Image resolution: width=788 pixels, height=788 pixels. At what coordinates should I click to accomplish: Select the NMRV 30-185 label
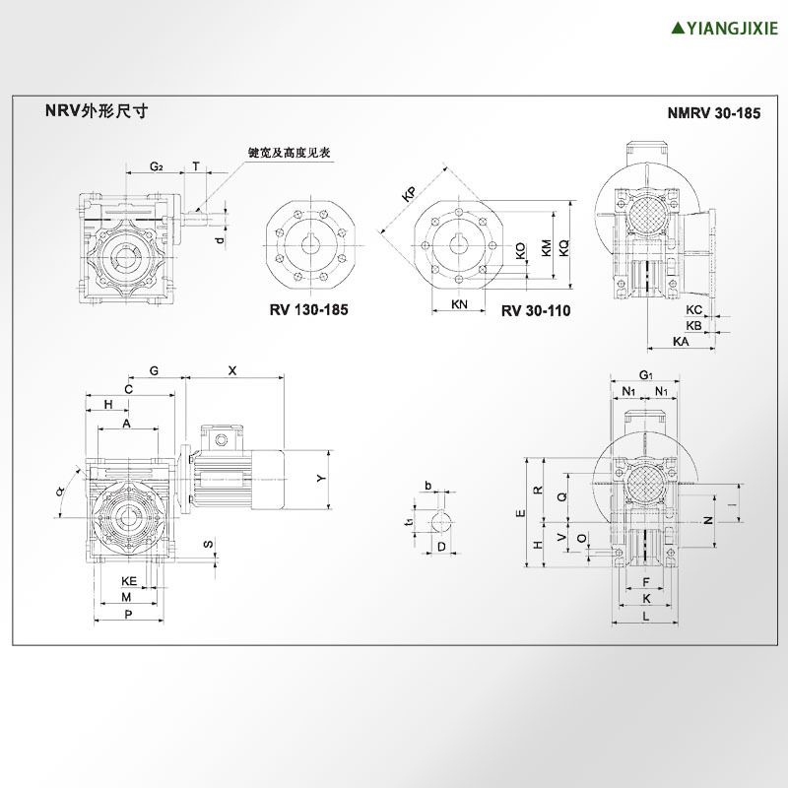714,113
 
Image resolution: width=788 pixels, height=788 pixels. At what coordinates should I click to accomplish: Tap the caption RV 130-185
308,309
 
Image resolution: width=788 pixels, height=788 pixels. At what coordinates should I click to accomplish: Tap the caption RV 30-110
535,310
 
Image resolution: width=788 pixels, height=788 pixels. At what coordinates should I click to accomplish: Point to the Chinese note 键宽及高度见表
289,153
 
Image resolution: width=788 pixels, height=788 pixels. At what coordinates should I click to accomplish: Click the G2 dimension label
156,166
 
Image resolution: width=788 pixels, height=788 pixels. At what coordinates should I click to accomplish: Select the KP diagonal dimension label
410,193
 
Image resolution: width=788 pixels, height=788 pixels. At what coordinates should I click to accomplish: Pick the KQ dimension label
563,248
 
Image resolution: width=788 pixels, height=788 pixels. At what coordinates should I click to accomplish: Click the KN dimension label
459,304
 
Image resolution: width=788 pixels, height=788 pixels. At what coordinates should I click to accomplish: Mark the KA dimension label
680,340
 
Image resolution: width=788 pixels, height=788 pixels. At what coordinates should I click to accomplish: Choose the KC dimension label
693,309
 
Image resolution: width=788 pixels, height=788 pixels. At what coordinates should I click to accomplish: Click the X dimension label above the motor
231,371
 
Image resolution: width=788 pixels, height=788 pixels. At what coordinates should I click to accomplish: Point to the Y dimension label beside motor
320,478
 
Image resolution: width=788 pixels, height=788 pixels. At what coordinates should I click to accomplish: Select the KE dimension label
128,581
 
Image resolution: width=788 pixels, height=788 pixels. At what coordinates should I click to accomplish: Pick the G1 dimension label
646,375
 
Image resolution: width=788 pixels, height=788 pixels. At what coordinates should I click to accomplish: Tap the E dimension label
520,513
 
